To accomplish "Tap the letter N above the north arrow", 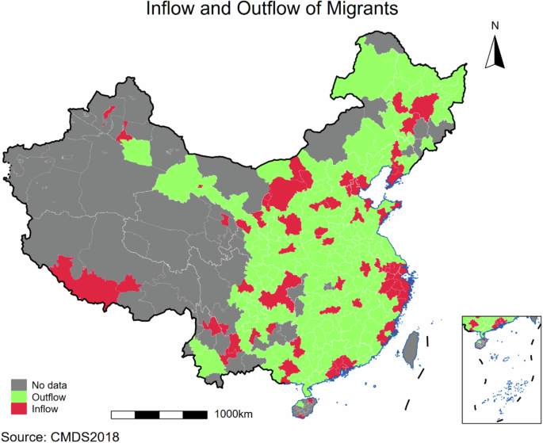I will [x=495, y=25].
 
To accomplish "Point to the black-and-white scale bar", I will [x=159, y=414].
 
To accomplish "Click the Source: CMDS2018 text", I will [x=59, y=434].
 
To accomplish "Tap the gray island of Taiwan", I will [x=411, y=349].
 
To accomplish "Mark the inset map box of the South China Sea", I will [x=499, y=369].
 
